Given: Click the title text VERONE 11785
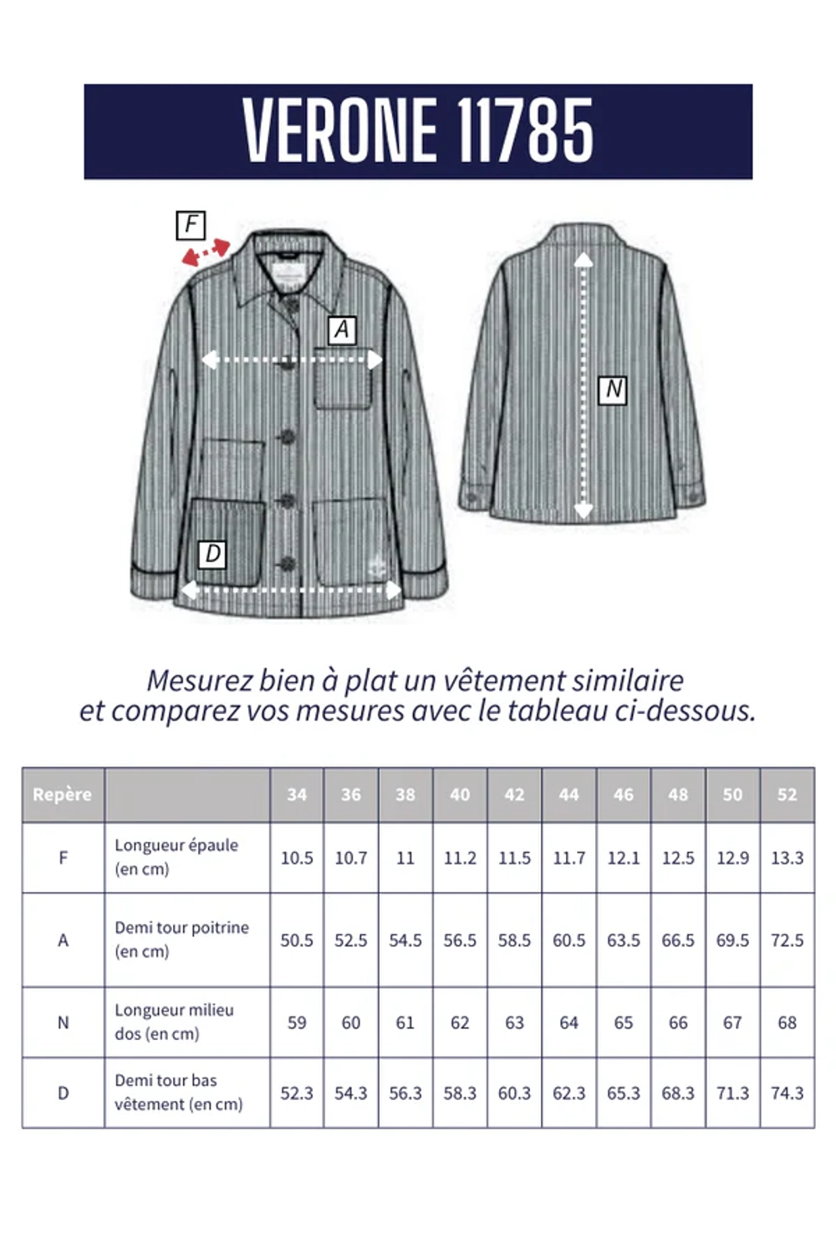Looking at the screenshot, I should pos(418,130).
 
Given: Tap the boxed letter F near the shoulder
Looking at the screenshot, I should pos(191,225).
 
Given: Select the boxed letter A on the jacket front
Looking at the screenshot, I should pos(341,330).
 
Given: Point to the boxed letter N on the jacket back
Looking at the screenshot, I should pos(613,390).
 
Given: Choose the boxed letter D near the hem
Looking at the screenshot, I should pos(212,553).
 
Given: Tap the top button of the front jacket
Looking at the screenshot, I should pos(291,304).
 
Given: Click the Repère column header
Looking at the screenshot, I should pos(63,794).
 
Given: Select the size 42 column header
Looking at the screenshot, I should pos(514,794).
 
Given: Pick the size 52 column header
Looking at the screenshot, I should pos(787,794).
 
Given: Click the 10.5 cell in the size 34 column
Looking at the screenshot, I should pos(297,858).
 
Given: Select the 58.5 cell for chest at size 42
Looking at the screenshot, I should pos(514,940).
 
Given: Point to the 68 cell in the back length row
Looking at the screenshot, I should pos(787,1022).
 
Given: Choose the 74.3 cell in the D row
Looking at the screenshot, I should pos(787,1093).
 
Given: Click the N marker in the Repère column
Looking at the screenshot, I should pos(63,1022).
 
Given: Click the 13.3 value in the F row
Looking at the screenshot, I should pos(787,858).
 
